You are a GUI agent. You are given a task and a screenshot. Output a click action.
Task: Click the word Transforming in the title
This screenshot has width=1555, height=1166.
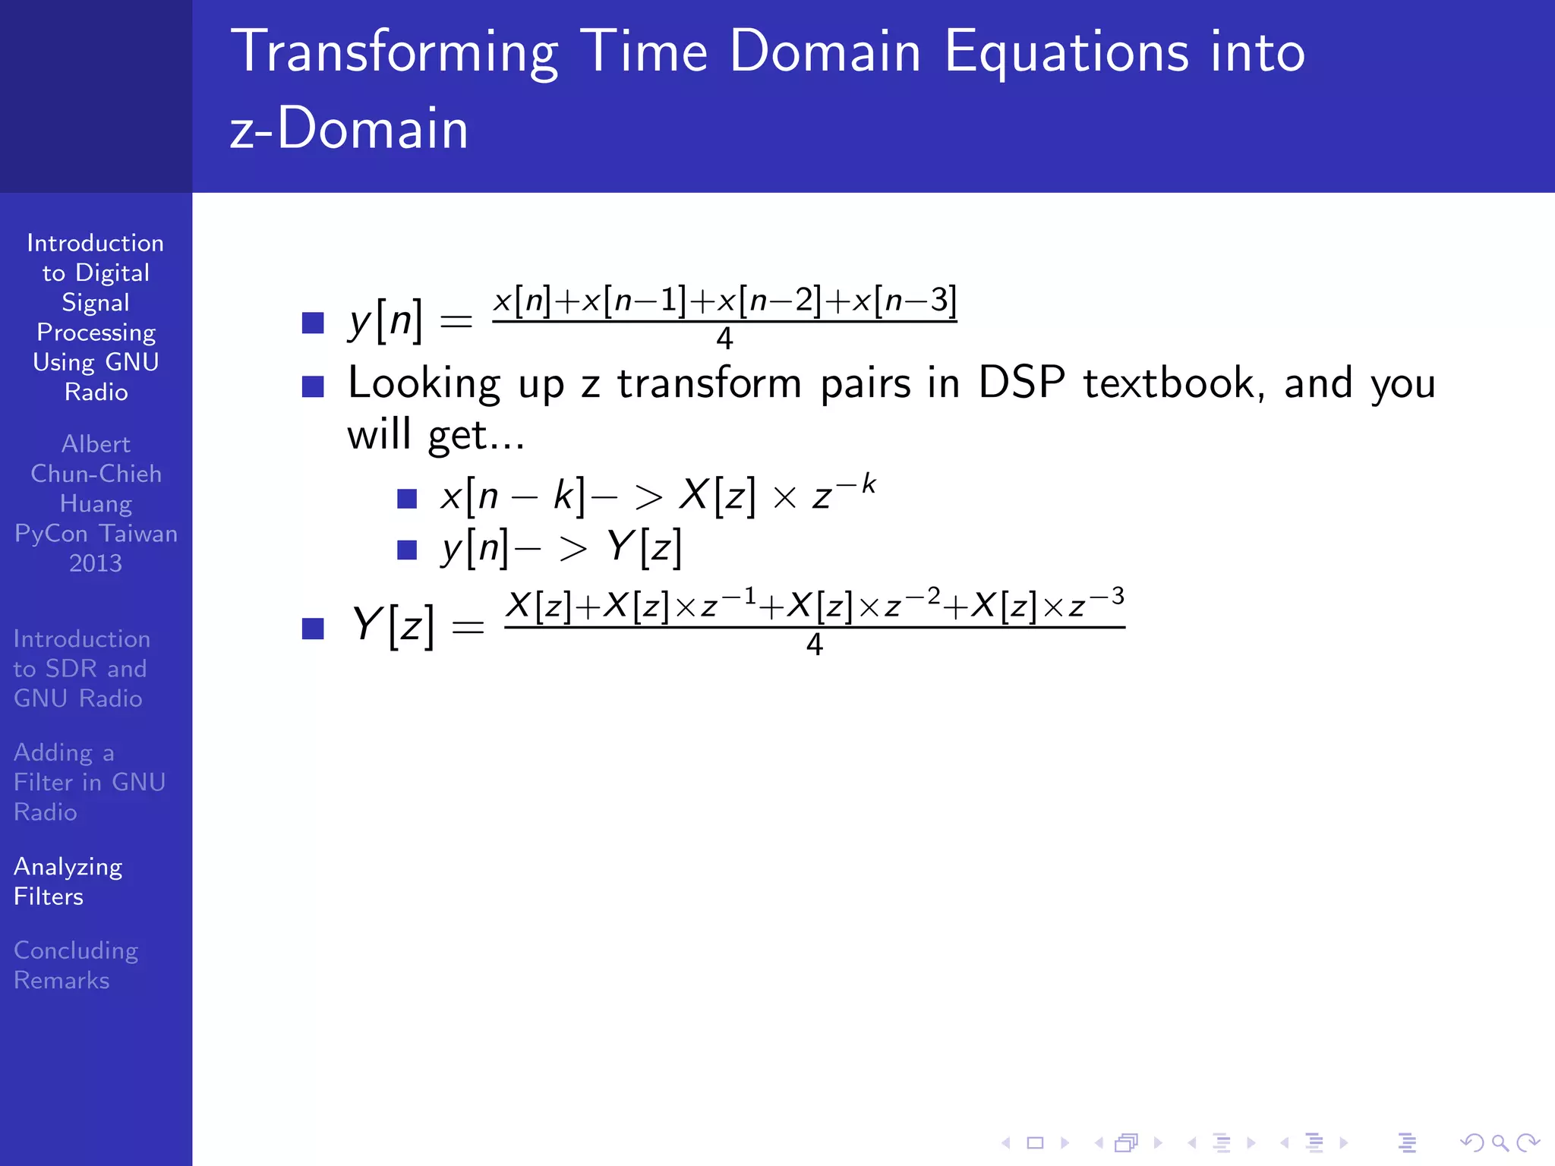[395, 53]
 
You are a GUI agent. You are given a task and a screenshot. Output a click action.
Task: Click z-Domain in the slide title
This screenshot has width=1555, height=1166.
[349, 128]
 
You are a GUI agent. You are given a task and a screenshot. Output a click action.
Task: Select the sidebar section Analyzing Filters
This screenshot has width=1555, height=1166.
[68, 881]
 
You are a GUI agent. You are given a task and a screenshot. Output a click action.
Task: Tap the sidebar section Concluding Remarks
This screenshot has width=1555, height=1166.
[75, 965]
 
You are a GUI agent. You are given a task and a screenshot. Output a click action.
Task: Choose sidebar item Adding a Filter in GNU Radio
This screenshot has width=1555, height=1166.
[89, 782]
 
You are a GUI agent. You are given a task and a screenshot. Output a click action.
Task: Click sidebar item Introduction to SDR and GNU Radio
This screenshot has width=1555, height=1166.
[81, 669]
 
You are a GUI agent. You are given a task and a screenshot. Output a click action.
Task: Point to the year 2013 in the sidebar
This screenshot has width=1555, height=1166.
[96, 563]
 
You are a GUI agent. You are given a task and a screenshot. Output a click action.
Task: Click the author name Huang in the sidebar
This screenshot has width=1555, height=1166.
[96, 504]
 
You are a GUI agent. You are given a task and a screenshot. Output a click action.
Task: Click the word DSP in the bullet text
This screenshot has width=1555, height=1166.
[1021, 383]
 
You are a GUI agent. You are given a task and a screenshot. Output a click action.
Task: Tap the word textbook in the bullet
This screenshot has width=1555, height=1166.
[1174, 383]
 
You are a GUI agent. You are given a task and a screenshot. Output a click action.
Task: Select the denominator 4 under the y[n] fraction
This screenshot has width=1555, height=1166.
[724, 339]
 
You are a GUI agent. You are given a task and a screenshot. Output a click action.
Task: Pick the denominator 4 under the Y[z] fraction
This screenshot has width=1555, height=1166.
[814, 644]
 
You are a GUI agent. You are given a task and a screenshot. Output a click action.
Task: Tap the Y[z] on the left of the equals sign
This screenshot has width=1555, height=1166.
[393, 626]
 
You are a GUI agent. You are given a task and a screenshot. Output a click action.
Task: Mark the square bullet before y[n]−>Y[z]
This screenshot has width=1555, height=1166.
[407, 549]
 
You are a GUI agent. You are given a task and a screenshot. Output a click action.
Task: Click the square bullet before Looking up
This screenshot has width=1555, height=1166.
[313, 386]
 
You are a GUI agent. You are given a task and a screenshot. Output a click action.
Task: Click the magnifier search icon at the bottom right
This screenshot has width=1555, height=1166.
[1500, 1142]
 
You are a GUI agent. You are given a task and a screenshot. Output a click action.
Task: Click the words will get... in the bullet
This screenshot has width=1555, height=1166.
[435, 435]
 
